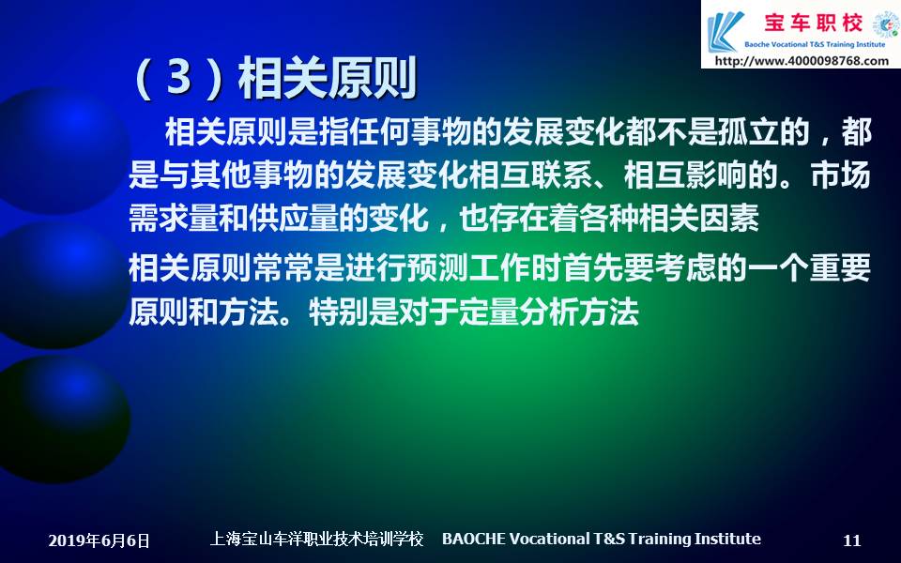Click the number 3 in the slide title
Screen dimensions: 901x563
pyautogui.click(x=178, y=78)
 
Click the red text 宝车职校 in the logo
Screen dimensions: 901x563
pyautogui.click(x=813, y=23)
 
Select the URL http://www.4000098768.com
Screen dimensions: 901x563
pyautogui.click(x=802, y=60)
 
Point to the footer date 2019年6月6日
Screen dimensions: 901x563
pyautogui.click(x=99, y=540)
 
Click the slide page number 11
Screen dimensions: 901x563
pyautogui.click(x=851, y=540)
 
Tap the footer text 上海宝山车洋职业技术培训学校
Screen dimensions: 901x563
pyautogui.click(x=316, y=539)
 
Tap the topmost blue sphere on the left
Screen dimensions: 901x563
pyautogui.click(x=62, y=150)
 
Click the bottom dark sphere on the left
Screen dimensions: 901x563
pyautogui.click(x=63, y=418)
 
